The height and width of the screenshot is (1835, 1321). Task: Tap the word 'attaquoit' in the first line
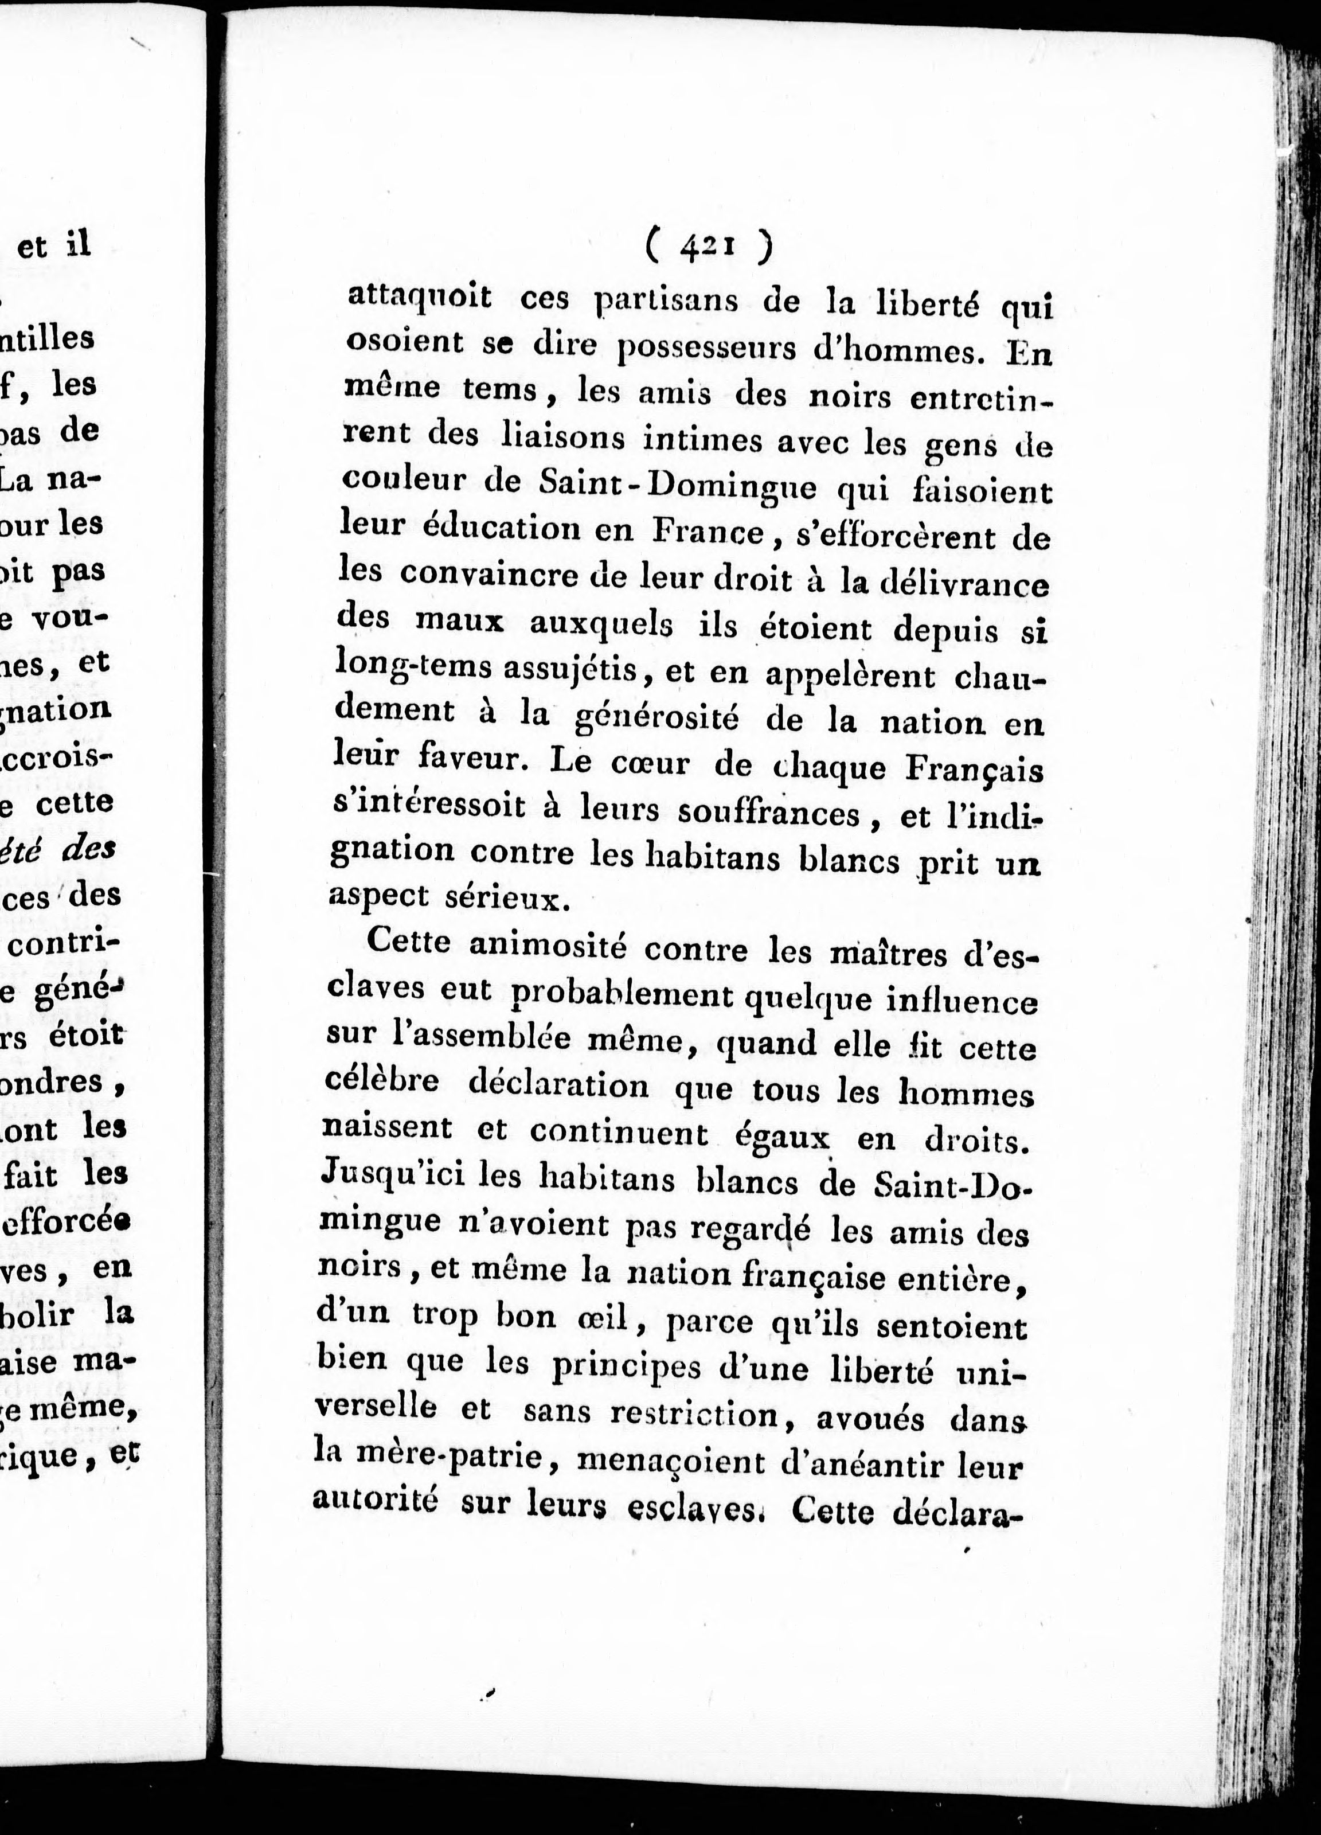click(419, 297)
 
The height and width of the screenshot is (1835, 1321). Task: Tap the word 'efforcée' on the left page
click(67, 1222)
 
